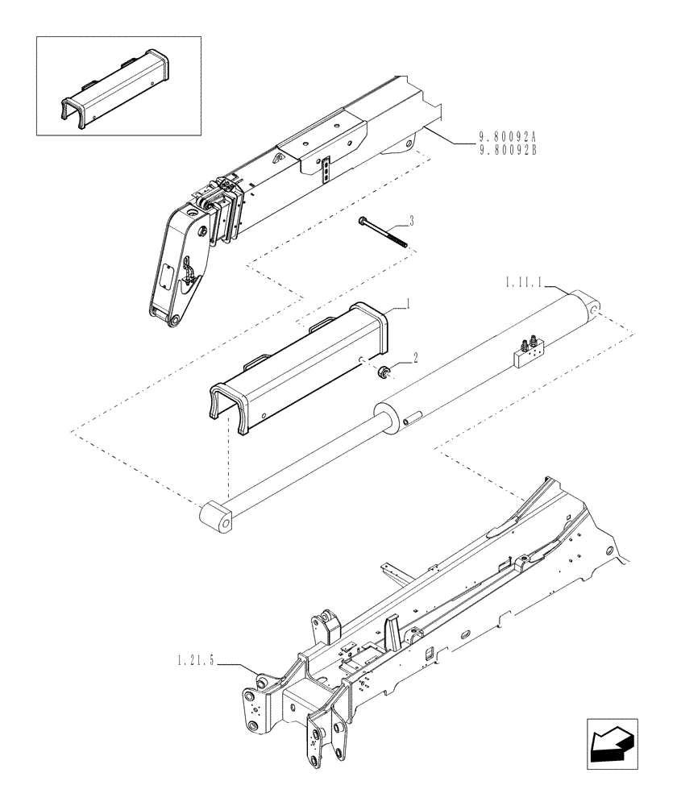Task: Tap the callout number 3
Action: [x=411, y=220]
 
